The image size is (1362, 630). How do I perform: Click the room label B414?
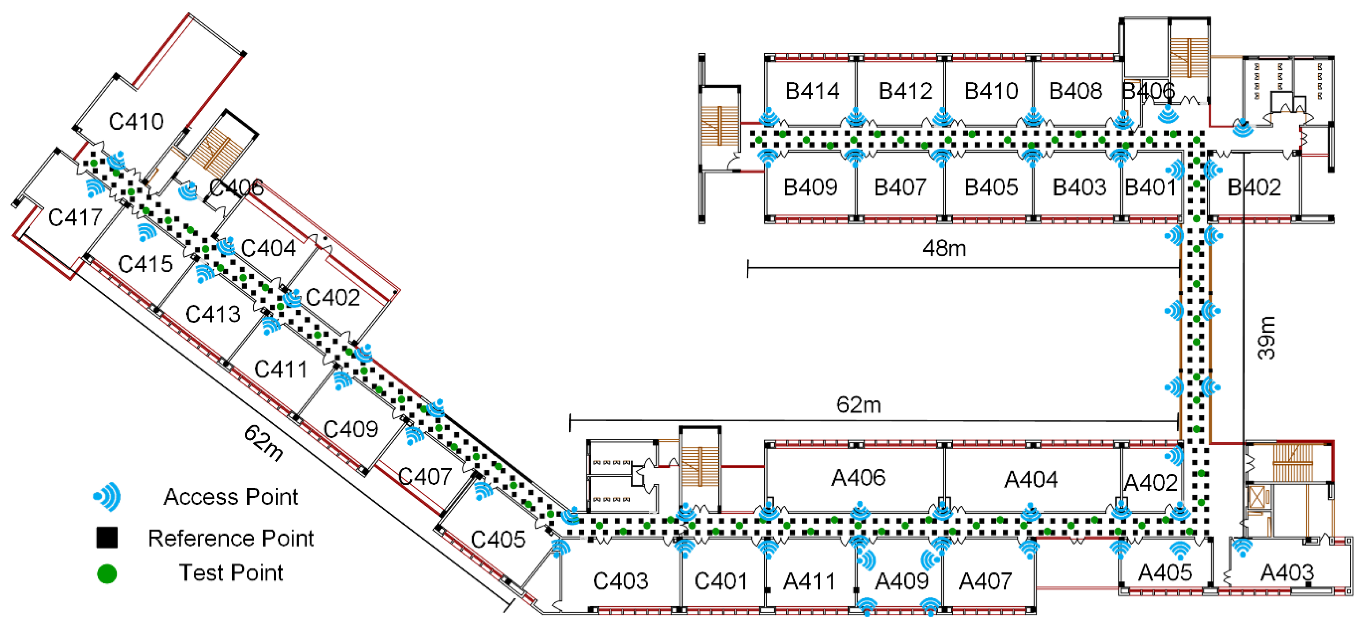[x=812, y=91]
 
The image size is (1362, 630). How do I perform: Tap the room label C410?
[x=136, y=122]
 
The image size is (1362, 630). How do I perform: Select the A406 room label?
[x=858, y=478]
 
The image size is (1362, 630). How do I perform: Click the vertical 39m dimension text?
[x=1267, y=338]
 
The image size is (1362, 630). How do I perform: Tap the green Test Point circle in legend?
[x=107, y=574]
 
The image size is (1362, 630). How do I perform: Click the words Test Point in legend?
[x=231, y=573]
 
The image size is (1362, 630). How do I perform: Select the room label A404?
[x=1031, y=480]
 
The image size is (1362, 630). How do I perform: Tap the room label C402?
[x=333, y=298]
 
